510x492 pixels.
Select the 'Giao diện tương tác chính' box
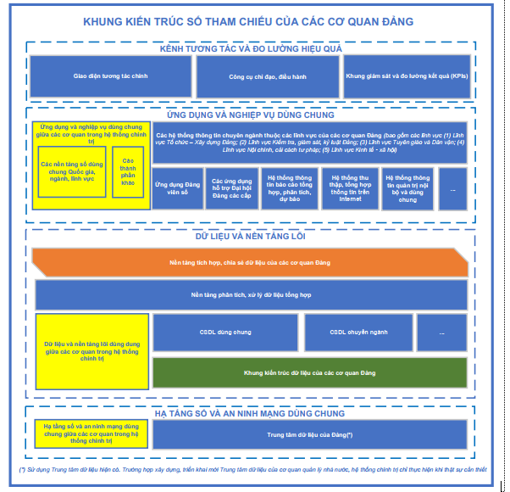[111, 76]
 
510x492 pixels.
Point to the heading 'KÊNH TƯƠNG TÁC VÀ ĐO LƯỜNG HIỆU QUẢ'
[251, 48]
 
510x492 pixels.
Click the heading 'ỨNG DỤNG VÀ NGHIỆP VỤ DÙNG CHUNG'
[251, 115]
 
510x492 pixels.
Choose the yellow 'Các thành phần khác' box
[128, 171]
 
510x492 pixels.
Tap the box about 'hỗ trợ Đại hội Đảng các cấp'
[232, 187]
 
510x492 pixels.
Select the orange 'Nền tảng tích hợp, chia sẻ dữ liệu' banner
[250, 263]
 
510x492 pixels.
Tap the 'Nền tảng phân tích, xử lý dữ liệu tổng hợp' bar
[252, 294]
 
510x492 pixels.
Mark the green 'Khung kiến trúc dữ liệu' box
[309, 372]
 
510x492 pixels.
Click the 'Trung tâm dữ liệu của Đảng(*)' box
[309, 433]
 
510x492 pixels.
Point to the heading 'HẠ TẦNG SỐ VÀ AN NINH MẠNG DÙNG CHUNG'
[251, 413]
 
